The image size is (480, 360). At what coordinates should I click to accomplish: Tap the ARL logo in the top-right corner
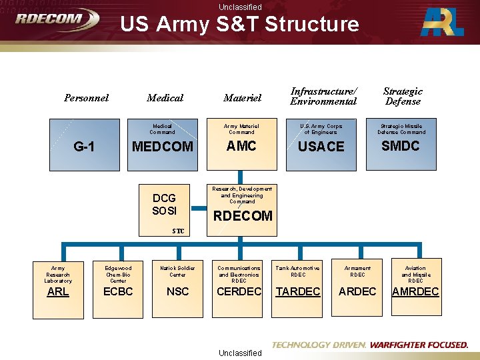pyautogui.click(x=443, y=23)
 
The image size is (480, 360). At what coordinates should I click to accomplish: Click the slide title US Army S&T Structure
pyautogui.click(x=239, y=25)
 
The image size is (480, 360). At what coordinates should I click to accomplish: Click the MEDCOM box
pyautogui.click(x=163, y=143)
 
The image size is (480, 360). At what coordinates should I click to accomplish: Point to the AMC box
pyautogui.click(x=241, y=143)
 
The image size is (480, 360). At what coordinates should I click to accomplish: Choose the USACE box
pyautogui.click(x=321, y=143)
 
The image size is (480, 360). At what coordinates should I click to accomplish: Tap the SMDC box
pyautogui.click(x=400, y=143)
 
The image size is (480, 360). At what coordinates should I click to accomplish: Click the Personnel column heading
pyautogui.click(x=86, y=98)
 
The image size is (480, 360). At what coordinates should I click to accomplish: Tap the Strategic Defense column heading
pyautogui.click(x=403, y=97)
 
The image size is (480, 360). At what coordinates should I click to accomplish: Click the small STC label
pyautogui.click(x=178, y=231)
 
